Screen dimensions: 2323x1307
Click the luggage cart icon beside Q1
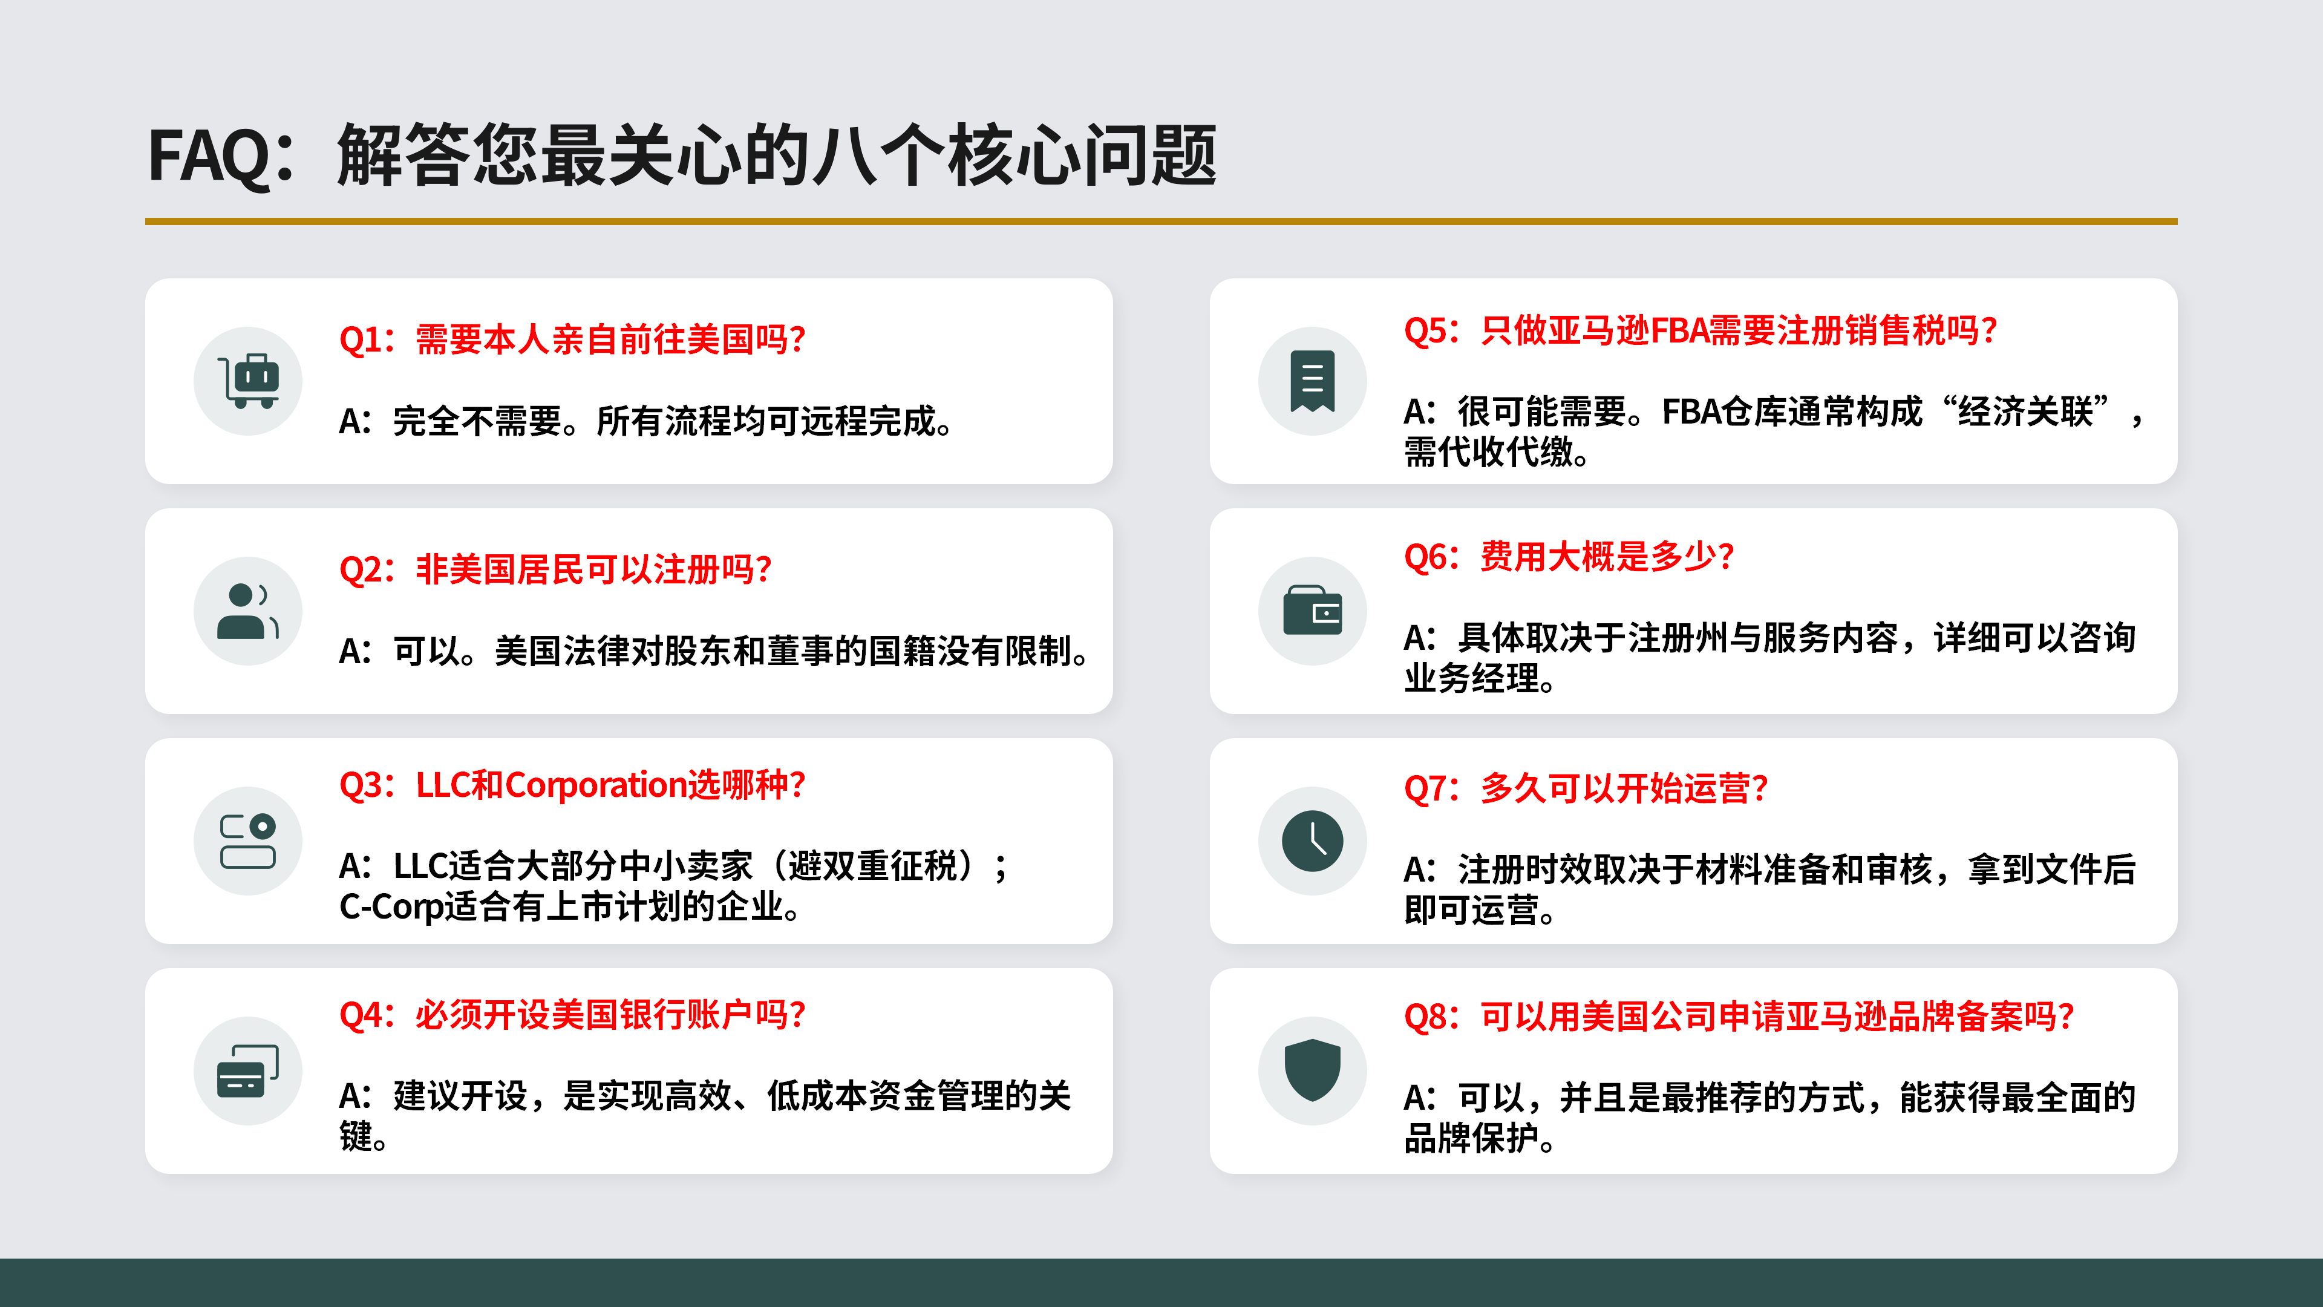pos(248,381)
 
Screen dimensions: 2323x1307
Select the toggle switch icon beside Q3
pos(248,840)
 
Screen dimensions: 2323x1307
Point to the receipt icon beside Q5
pos(1312,381)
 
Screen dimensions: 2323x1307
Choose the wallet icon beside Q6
pos(1312,611)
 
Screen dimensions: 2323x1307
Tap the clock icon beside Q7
pos(1312,840)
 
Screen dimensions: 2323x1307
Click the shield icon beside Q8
pos(1312,1070)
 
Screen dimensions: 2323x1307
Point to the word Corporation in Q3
pos(596,785)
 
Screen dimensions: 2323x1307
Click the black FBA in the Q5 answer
pos(1691,412)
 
